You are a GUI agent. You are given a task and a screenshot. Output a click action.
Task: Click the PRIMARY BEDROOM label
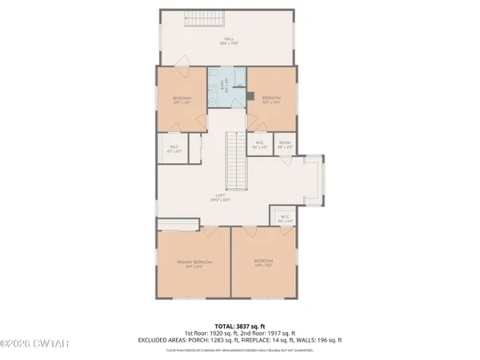pos(194,263)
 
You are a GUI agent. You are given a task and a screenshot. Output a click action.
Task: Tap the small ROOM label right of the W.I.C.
pos(284,145)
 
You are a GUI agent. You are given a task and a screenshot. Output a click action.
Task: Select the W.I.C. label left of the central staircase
pos(174,147)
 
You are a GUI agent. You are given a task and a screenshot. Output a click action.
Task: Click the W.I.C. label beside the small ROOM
pos(259,145)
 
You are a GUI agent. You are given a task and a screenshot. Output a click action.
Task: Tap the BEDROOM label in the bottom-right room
pos(265,262)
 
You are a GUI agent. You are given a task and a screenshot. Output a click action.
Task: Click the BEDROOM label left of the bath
pos(182,101)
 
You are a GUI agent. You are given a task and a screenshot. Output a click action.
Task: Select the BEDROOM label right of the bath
pos(271,101)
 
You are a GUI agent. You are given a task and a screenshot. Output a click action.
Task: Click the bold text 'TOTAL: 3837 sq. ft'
pos(240,325)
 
